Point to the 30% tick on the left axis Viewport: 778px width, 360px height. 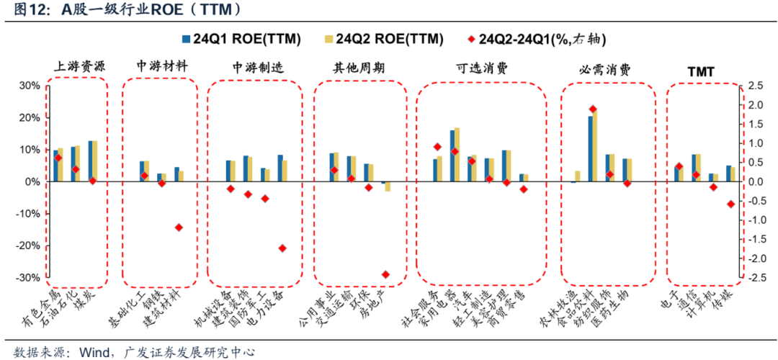[x=29, y=86]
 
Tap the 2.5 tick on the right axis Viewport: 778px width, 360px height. [x=754, y=86]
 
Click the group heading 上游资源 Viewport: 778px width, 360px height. [x=79, y=68]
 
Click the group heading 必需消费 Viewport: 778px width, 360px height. [x=605, y=70]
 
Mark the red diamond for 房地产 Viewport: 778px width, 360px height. [x=385, y=274]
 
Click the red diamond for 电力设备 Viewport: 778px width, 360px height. [x=282, y=248]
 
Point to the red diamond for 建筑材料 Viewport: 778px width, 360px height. [x=179, y=228]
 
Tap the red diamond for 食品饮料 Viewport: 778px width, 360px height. [x=593, y=109]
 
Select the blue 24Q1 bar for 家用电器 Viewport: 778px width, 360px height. [x=452, y=156]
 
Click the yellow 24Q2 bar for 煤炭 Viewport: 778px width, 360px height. [x=95, y=161]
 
